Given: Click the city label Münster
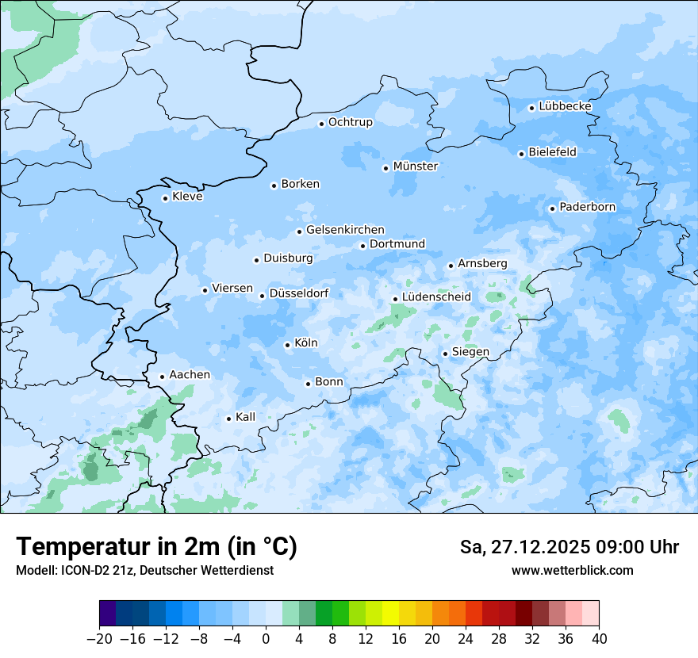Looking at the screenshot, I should pos(415,166).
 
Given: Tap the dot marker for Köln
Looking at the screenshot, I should pos(287,345).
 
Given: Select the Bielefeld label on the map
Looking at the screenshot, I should pos(552,152).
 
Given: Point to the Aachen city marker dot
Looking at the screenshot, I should pos(162,377).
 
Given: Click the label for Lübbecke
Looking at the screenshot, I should pos(565,106).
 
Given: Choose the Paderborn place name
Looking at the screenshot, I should pos(587,207).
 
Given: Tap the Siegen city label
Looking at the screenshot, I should pos(470,352).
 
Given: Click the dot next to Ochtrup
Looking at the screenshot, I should pos(321,124).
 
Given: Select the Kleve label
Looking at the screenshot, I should pos(187,197).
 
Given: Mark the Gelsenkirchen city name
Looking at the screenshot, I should pos(345,230).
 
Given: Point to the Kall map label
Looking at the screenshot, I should pos(245,417).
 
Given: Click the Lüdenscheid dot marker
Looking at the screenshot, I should pos(395,299).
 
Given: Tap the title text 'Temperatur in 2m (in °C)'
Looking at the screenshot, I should pos(156,547).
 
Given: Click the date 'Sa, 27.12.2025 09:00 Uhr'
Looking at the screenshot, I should pos(569,547).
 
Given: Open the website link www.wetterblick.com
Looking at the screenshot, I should pos(572,570).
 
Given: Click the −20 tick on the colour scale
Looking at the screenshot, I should pos(99,639).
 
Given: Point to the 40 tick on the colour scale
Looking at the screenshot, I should pos(599,639).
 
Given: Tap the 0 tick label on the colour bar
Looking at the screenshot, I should pos(266,639).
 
